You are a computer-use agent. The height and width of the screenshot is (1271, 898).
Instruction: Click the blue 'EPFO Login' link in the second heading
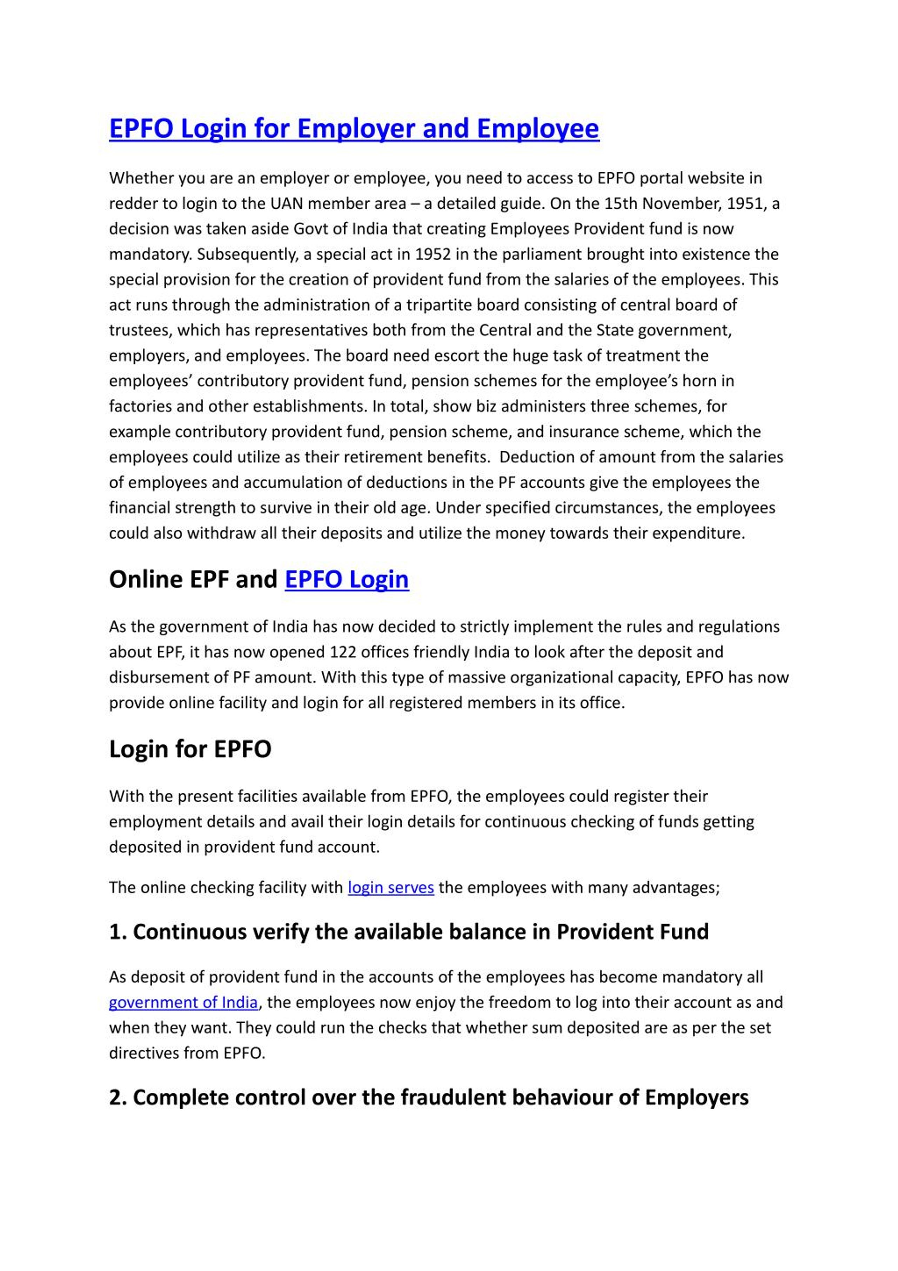pyautogui.click(x=347, y=580)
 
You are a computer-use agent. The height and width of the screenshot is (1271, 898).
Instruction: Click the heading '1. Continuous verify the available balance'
pyautogui.click(x=409, y=932)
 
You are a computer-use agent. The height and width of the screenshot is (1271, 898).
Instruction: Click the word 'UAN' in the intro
pyautogui.click(x=286, y=204)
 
